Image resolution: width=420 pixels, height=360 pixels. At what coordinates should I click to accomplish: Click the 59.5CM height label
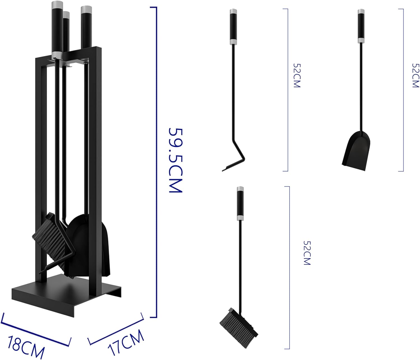coord(176,160)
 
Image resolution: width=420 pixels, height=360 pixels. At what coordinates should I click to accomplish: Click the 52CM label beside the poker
coord(297,75)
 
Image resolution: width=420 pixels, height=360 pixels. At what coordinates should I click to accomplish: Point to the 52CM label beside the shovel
coord(416,75)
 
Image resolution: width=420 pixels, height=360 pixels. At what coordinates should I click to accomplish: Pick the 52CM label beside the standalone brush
coord(307,253)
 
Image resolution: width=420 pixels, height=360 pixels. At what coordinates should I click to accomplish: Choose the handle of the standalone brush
coord(240,203)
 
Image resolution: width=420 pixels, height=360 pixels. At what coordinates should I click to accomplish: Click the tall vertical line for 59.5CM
coord(156,162)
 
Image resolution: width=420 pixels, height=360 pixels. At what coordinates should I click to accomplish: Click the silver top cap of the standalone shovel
coord(361,12)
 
